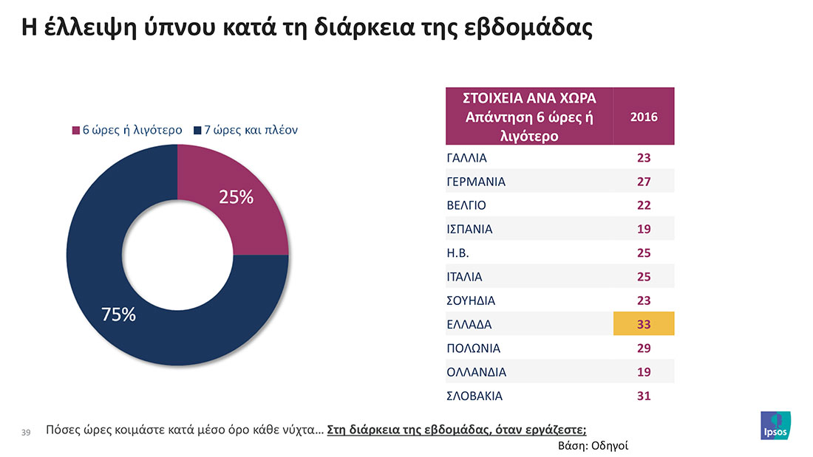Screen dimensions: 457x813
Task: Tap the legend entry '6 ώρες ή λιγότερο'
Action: click(126, 131)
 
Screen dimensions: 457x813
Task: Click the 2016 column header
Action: click(643, 117)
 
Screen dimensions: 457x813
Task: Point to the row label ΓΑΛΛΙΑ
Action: click(467, 157)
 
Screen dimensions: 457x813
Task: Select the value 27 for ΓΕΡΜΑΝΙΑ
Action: click(643, 181)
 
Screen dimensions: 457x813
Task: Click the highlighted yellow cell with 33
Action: click(643, 324)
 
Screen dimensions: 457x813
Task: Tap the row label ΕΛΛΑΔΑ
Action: click(469, 324)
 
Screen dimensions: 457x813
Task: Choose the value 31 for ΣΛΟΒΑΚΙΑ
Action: click(643, 396)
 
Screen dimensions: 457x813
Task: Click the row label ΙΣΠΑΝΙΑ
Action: click(469, 229)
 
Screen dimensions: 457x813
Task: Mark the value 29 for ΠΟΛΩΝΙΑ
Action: click(643, 348)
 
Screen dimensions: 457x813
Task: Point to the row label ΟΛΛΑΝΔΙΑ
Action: click(477, 372)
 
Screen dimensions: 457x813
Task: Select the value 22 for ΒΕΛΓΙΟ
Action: click(643, 205)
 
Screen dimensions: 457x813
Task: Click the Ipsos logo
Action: click(775, 425)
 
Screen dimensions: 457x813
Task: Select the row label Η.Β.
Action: click(458, 252)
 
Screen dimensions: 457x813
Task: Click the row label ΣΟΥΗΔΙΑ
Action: click(471, 300)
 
